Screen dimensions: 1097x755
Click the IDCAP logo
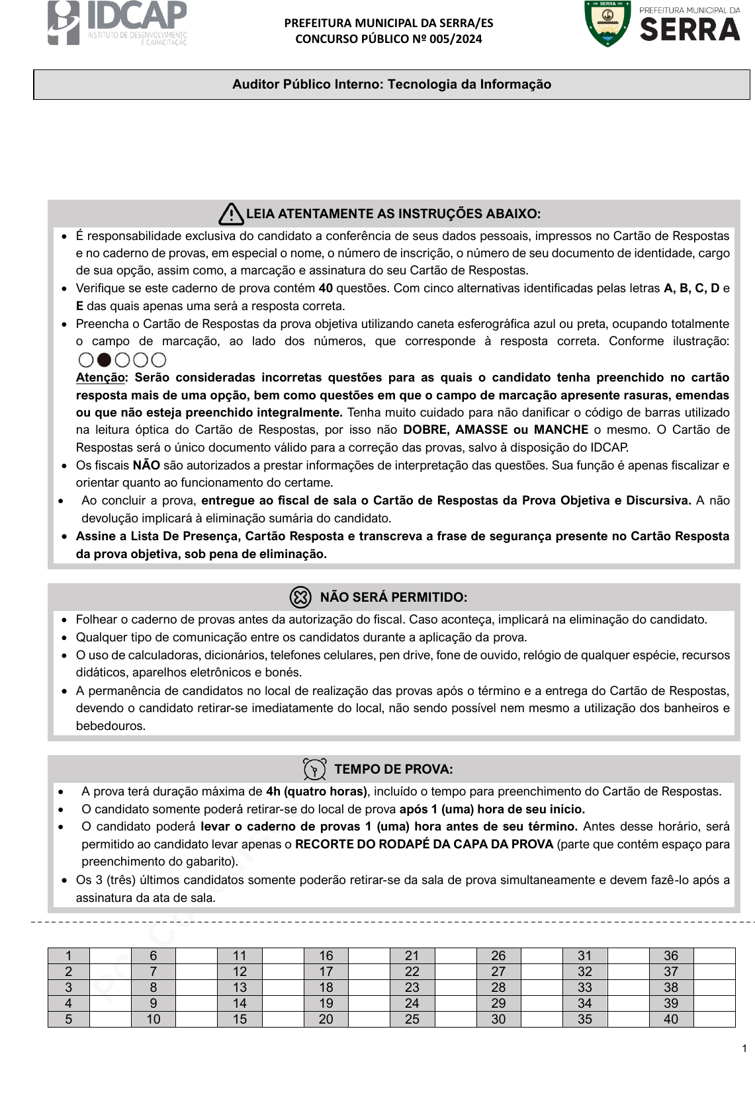[x=116, y=23]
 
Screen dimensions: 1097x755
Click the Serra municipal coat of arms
[x=607, y=24]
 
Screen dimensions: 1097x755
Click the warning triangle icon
[x=231, y=214]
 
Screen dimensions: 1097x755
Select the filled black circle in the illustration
[x=104, y=360]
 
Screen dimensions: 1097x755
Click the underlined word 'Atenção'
[x=101, y=378]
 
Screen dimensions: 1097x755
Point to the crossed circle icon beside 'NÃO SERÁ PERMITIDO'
[x=300, y=597]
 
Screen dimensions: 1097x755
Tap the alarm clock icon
[x=314, y=769]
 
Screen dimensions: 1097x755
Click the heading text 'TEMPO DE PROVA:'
[x=394, y=769]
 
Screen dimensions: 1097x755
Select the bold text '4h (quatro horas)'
[x=316, y=792]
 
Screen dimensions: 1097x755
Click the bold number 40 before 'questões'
[x=326, y=288]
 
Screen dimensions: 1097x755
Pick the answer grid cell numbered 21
[x=412, y=955]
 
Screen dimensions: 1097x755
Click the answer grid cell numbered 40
[x=671, y=1019]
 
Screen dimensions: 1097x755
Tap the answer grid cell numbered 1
[x=68, y=955]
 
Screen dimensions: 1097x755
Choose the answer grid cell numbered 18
[x=326, y=987]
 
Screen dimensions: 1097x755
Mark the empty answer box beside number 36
[x=714, y=955]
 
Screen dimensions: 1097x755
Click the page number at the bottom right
[x=744, y=1048]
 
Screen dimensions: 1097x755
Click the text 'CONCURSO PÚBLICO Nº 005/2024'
[x=388, y=39]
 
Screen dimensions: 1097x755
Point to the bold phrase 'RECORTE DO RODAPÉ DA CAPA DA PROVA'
[x=424, y=844]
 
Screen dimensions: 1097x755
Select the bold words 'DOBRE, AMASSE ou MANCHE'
[x=496, y=430]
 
